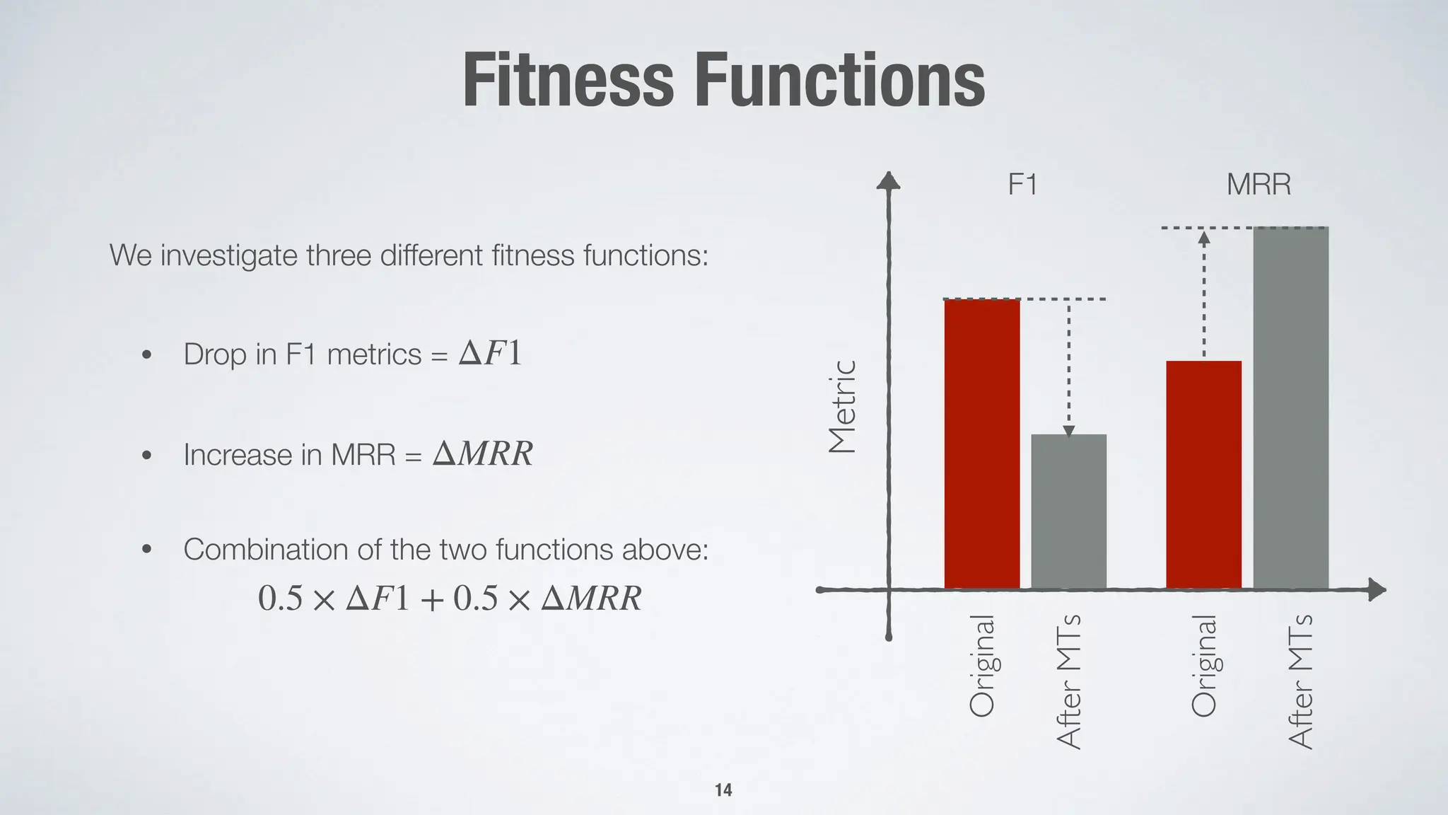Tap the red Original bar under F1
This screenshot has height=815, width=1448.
982,444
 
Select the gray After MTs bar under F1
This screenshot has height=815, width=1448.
1068,511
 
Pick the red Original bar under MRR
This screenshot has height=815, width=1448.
1203,474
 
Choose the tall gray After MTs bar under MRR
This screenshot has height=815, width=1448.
1290,407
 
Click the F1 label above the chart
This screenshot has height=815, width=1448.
1022,185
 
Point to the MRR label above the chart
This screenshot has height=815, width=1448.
1259,185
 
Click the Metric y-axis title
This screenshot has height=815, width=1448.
843,407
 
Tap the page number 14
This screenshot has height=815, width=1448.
723,790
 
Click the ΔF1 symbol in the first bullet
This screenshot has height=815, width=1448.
490,353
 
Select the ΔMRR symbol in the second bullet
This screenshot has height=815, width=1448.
482,453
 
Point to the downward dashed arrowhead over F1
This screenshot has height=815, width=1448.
1069,430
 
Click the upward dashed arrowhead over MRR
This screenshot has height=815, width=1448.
1204,238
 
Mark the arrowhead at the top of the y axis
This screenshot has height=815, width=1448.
888,181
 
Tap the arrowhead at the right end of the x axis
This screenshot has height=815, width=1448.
1377,589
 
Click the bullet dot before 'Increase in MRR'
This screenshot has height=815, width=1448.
146,455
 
